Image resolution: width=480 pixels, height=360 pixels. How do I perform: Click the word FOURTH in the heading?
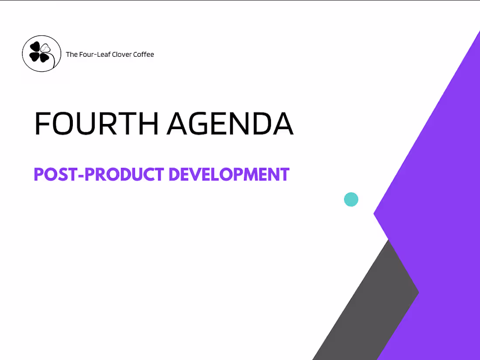(x=96, y=123)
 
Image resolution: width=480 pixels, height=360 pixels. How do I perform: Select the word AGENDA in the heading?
(x=230, y=123)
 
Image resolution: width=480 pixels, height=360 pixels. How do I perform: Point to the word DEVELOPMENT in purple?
(x=229, y=175)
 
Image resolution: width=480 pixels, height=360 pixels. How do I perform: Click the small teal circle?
(x=351, y=199)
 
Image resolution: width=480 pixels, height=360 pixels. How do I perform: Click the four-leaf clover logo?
(x=41, y=54)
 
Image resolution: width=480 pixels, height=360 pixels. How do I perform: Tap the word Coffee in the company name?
(x=144, y=55)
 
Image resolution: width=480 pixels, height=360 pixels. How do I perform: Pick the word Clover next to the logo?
(x=122, y=55)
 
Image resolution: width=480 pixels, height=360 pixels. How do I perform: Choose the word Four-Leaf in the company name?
(x=95, y=55)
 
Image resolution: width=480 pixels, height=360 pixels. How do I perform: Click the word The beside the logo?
(x=72, y=55)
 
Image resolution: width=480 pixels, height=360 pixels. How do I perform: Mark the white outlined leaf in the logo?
(x=46, y=48)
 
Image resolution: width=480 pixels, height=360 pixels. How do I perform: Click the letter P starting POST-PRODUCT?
(x=38, y=175)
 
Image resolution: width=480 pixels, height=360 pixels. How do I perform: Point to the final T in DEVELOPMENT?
(x=285, y=175)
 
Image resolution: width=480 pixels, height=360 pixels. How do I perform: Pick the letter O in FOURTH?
(x=63, y=123)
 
